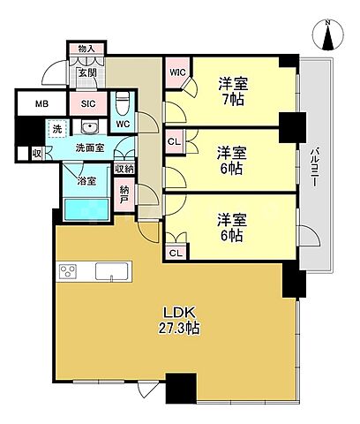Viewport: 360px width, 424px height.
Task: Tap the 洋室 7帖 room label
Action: pyautogui.click(x=233, y=91)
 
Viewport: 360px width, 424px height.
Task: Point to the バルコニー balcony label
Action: pyautogui.click(x=314, y=167)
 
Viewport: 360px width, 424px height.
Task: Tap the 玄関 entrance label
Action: pyautogui.click(x=87, y=74)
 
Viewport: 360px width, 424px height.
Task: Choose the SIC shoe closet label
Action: pyautogui.click(x=88, y=103)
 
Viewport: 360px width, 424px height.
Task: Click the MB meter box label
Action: pyautogui.click(x=41, y=103)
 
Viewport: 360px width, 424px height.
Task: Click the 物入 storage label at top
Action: pyautogui.click(x=86, y=49)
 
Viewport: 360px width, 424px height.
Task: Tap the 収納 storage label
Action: pyautogui.click(x=124, y=169)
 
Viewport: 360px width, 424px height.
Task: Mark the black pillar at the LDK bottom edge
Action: pyautogui.click(x=180, y=387)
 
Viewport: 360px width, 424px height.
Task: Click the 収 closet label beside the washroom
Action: pyautogui.click(x=36, y=153)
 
